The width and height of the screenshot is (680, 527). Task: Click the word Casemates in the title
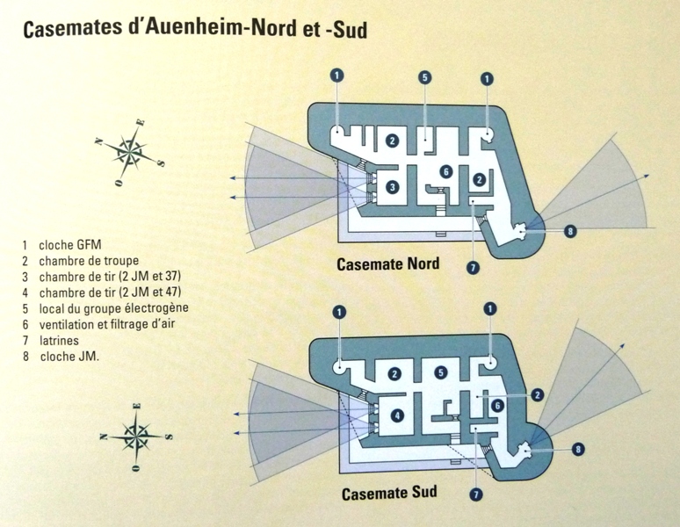click(x=72, y=29)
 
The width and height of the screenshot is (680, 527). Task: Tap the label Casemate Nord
click(x=388, y=263)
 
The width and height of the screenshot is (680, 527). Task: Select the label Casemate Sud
click(x=389, y=493)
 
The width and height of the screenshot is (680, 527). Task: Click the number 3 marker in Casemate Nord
click(x=392, y=187)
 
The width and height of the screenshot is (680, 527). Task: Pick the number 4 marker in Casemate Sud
click(x=397, y=416)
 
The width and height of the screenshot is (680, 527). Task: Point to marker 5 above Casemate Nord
click(x=425, y=77)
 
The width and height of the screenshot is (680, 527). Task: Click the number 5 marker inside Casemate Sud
click(x=441, y=372)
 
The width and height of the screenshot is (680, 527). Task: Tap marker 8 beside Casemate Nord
click(x=570, y=231)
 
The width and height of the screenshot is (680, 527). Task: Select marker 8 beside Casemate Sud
click(x=578, y=450)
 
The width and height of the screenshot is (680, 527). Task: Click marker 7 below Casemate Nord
click(x=473, y=267)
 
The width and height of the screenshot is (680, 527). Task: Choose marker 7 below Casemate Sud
click(x=476, y=495)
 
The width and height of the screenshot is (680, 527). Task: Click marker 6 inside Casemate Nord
click(x=445, y=172)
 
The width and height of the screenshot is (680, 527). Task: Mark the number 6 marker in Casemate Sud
click(x=497, y=406)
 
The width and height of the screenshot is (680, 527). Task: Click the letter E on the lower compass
click(x=137, y=406)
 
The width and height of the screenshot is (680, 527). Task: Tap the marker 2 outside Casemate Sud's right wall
click(x=537, y=395)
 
